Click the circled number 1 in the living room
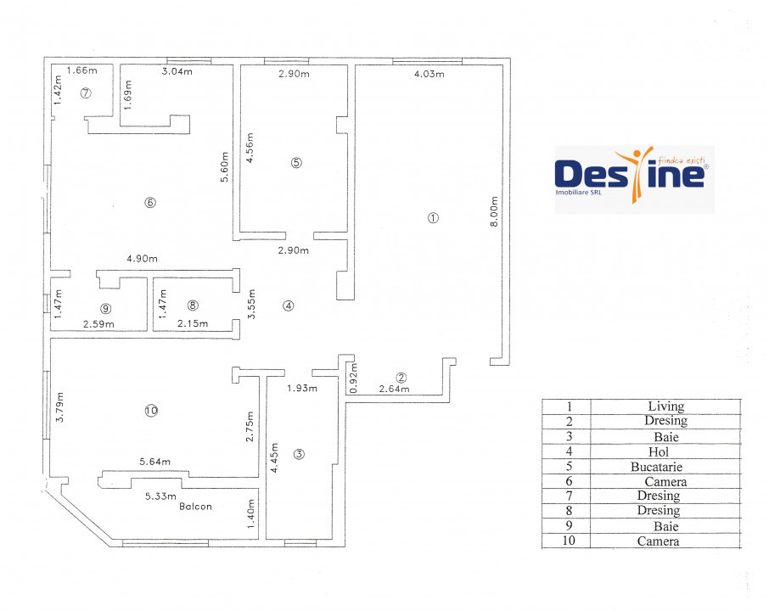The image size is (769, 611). pos(433,218)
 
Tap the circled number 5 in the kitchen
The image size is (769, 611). pos(296,162)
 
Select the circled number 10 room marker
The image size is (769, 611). pos(151,411)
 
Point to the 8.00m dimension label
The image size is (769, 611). pos(494,211)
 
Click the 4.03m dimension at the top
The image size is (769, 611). pos(429,74)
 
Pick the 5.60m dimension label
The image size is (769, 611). pos(224,166)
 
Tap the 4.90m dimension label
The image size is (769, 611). pos(143,259)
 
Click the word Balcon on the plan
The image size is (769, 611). pos(195,506)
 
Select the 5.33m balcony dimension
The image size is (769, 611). pos(160,496)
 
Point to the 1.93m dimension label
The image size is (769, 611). pos(302,388)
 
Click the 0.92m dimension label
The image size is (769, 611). pos(354,378)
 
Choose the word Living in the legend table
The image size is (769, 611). pos(666,406)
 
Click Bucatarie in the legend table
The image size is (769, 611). pos(656,467)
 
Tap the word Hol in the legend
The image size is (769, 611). pos(658,451)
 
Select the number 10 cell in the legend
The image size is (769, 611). pos(569,541)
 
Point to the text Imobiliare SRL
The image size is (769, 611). pos(578,193)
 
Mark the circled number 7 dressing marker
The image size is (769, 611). pos(86,92)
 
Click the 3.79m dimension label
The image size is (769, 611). pos(59,407)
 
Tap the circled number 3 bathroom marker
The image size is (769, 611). pos(299,454)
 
